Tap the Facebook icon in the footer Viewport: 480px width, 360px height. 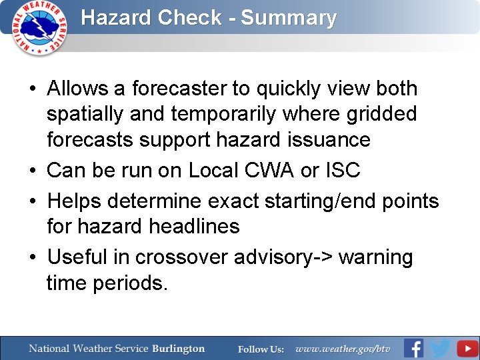(x=413, y=349)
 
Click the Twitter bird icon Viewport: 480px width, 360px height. (x=440, y=349)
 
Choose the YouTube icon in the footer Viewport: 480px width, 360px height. (x=467, y=349)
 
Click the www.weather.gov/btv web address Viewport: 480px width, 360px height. (x=343, y=349)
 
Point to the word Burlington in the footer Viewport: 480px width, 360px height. (x=178, y=349)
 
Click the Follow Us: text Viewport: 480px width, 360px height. (x=261, y=349)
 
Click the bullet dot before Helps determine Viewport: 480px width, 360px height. (x=32, y=201)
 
